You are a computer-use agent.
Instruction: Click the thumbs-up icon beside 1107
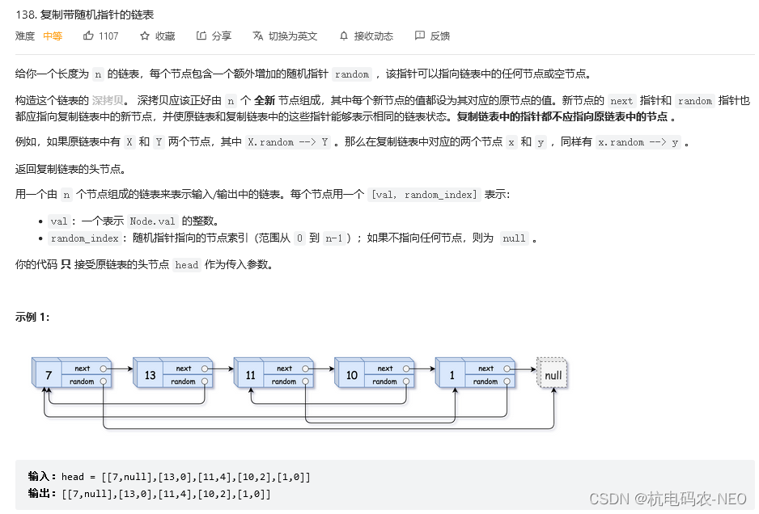coord(89,36)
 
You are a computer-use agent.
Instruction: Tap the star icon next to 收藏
coord(145,36)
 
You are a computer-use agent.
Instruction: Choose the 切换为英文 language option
coord(285,36)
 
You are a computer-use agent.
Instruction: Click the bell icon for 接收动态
coord(344,36)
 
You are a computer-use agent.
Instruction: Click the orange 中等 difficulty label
coord(53,36)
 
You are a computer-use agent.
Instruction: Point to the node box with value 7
coord(49,376)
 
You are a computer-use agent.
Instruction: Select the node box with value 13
coord(150,376)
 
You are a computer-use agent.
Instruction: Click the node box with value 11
coord(251,376)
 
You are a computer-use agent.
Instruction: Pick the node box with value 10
coord(352,376)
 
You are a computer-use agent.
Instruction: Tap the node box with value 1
coord(452,376)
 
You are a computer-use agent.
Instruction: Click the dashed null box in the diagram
coord(553,375)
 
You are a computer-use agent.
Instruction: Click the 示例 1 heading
coord(32,317)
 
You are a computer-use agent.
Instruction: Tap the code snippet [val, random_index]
coord(424,195)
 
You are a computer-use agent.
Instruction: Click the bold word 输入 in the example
coord(41,477)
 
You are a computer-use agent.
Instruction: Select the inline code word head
coord(186,264)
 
